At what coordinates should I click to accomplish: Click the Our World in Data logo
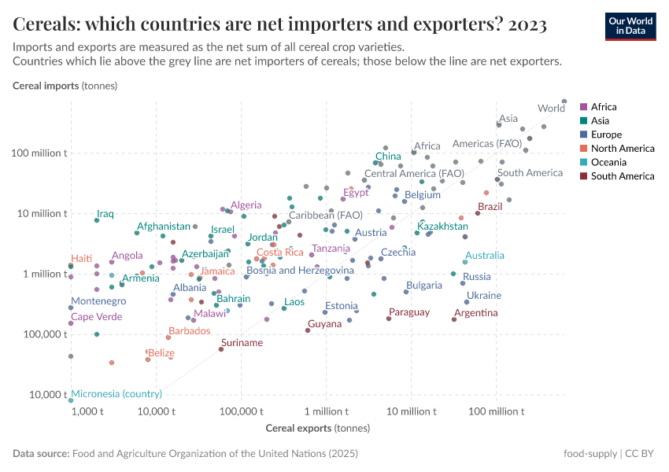(x=630, y=26)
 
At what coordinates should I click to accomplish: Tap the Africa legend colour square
(x=583, y=107)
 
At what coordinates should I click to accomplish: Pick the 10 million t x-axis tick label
(x=411, y=411)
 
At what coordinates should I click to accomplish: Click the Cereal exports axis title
(x=306, y=428)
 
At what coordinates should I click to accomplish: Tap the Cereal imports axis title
(x=65, y=85)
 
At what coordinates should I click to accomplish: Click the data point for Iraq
(x=97, y=220)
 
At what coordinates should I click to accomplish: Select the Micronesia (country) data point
(x=71, y=400)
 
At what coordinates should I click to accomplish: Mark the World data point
(x=564, y=101)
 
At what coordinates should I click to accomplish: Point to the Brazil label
(x=490, y=207)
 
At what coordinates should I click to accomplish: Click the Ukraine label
(x=483, y=296)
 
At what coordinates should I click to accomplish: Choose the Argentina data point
(x=454, y=319)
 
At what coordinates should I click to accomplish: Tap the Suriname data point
(x=221, y=349)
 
